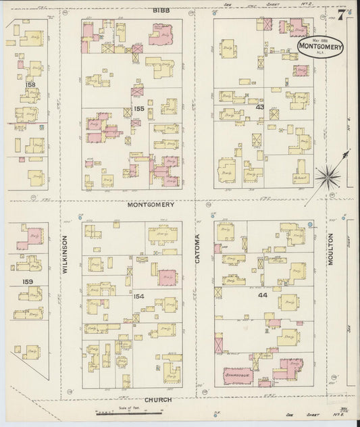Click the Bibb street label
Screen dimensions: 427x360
pos(160,11)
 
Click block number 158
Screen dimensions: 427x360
pos(30,84)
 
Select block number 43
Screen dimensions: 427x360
pos(260,106)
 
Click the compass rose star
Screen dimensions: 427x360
pos(330,176)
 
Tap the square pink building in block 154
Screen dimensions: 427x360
pos(168,277)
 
